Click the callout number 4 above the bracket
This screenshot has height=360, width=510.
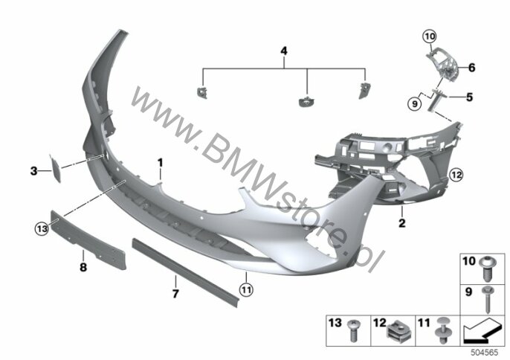pyautogui.click(x=284, y=51)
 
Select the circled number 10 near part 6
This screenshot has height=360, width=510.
pyautogui.click(x=430, y=36)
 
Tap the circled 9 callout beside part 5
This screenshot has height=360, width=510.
pyautogui.click(x=414, y=104)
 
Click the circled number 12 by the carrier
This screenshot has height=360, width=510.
pyautogui.click(x=456, y=175)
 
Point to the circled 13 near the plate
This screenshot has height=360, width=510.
pyautogui.click(x=42, y=229)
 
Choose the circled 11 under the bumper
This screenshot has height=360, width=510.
pyautogui.click(x=246, y=289)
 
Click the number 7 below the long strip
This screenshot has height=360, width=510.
pyautogui.click(x=175, y=294)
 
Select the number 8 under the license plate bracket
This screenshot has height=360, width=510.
pyautogui.click(x=83, y=267)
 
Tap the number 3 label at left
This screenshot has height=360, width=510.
pyautogui.click(x=34, y=170)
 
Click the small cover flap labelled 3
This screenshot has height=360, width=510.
pyautogui.click(x=55, y=168)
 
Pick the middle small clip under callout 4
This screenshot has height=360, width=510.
pyautogui.click(x=306, y=102)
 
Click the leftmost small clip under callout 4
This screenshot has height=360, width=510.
pyautogui.click(x=202, y=92)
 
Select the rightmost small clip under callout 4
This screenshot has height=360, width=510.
pyautogui.click(x=364, y=90)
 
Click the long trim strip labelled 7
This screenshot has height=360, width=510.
pyautogui.click(x=185, y=273)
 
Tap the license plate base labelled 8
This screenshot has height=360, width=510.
pyautogui.click(x=88, y=240)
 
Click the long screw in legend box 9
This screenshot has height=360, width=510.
pyautogui.click(x=488, y=300)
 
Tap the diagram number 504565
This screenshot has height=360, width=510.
pyautogui.click(x=485, y=353)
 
